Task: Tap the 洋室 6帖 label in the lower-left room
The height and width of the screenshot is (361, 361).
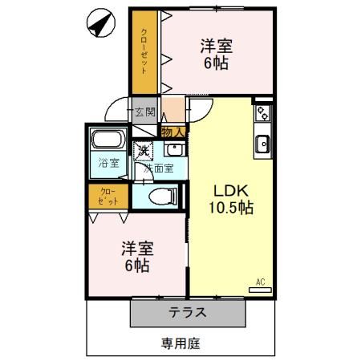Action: [x=137, y=256]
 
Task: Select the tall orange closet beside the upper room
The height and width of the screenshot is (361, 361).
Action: [x=144, y=52]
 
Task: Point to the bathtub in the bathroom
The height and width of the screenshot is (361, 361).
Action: [x=107, y=141]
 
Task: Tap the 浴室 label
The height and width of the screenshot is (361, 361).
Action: [x=108, y=163]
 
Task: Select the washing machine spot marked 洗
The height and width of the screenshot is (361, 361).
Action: [x=144, y=149]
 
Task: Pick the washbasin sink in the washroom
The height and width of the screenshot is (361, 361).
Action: [x=174, y=150]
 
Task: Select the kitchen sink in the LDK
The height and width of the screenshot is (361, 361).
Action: [x=262, y=144]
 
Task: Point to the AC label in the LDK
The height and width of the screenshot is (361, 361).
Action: [x=260, y=282]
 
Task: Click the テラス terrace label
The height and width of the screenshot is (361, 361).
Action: [x=189, y=313]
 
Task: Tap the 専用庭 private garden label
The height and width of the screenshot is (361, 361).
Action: [x=179, y=343]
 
